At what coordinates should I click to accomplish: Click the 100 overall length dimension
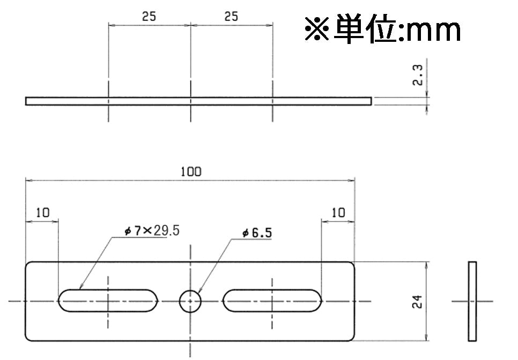(x=191, y=172)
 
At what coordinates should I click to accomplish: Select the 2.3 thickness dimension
(x=418, y=75)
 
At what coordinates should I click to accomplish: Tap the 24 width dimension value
(x=417, y=302)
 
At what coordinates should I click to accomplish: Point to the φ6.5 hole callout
(x=257, y=233)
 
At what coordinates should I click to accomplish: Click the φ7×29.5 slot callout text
(x=152, y=230)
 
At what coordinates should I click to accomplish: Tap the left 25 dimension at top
(x=149, y=16)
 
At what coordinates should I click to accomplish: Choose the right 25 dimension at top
(x=231, y=16)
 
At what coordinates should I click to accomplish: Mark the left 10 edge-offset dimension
(x=42, y=212)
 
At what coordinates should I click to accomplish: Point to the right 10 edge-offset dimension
(x=338, y=212)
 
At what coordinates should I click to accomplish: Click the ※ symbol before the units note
(x=317, y=29)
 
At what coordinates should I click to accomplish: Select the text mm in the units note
(x=433, y=32)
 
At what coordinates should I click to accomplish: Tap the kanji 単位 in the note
(x=365, y=29)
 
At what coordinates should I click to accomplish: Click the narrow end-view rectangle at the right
(x=472, y=301)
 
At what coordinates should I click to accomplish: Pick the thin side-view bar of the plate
(x=198, y=101)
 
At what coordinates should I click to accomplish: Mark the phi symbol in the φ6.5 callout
(x=245, y=233)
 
